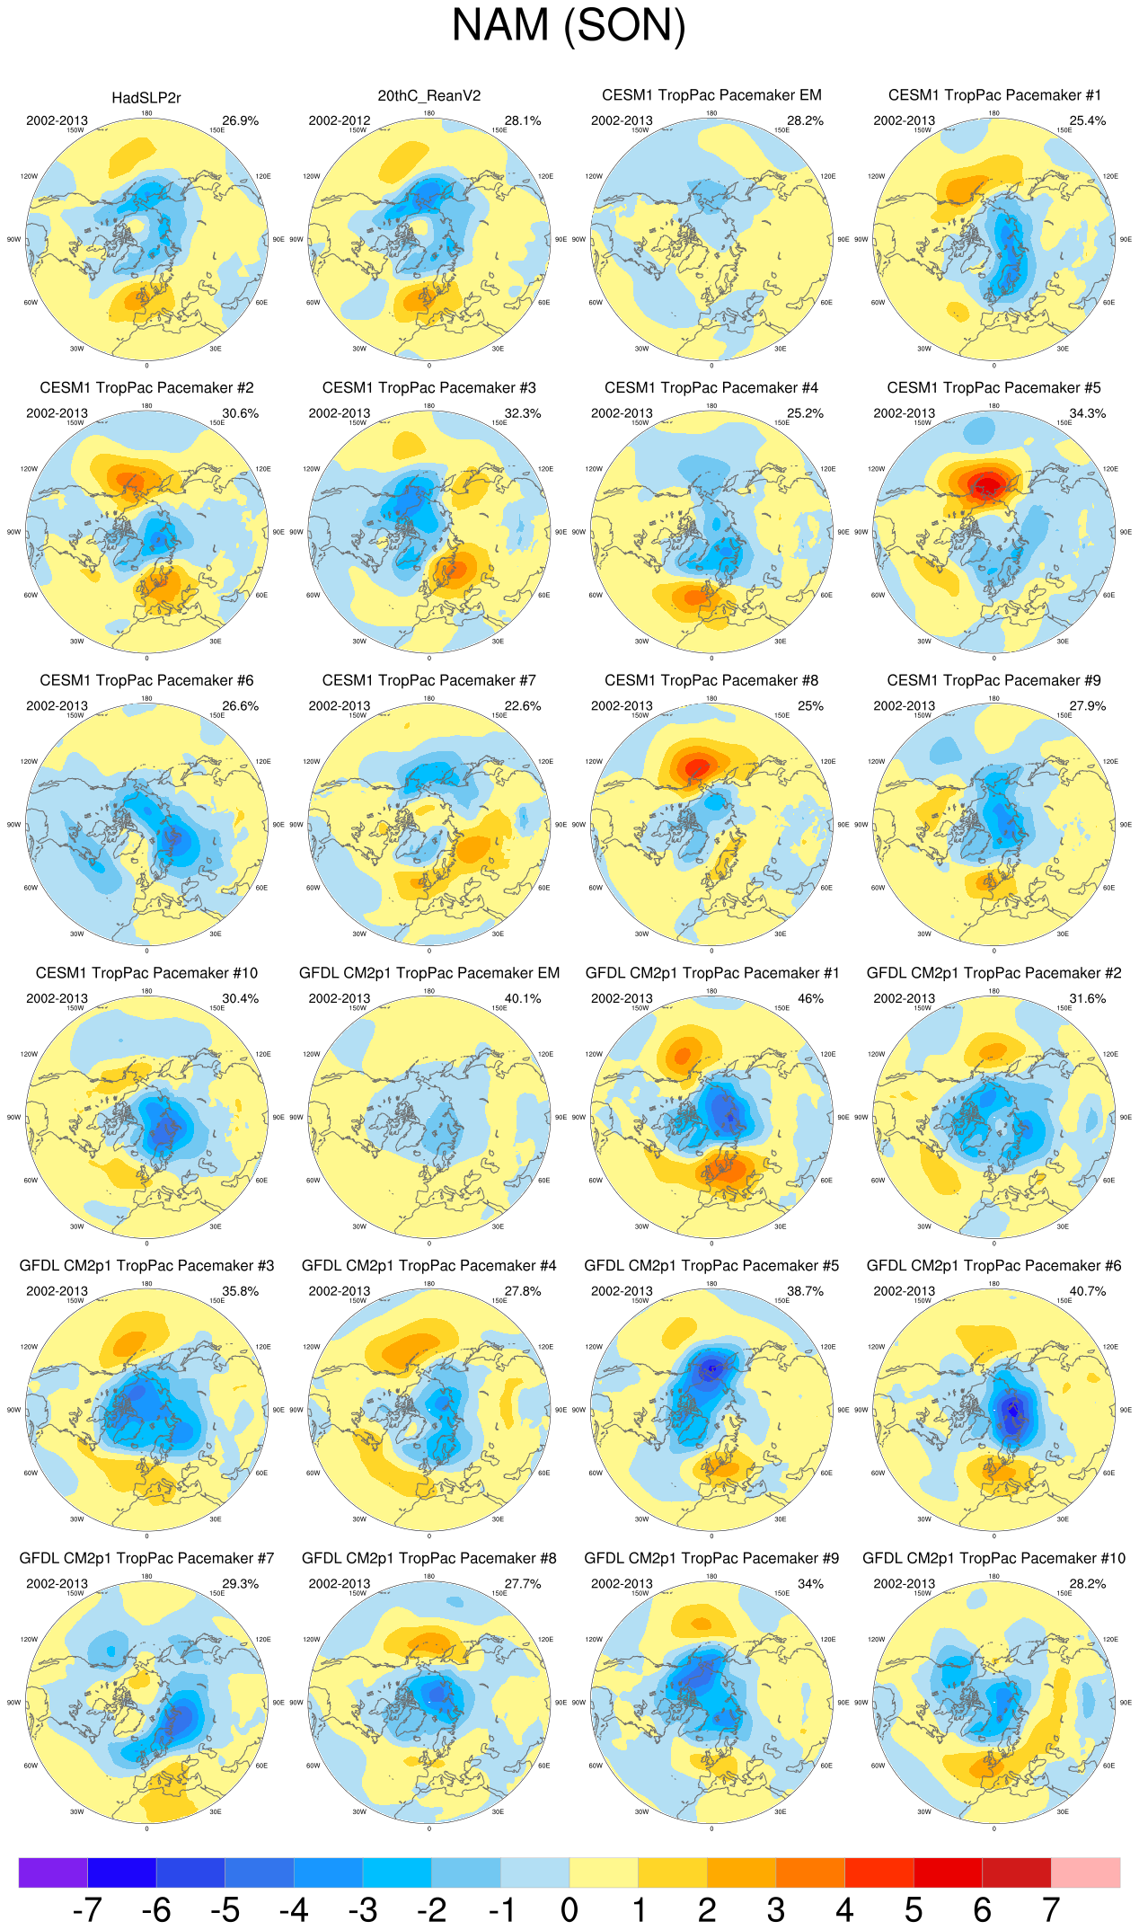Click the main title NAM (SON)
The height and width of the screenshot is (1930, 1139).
click(569, 26)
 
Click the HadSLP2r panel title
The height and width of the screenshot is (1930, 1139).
click(146, 98)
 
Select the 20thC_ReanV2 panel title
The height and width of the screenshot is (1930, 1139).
click(428, 96)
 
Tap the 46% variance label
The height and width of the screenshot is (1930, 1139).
click(810, 998)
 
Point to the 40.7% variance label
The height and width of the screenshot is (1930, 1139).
click(1087, 1291)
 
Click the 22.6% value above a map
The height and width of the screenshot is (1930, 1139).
click(522, 706)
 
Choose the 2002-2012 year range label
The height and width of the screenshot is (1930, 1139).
click(340, 120)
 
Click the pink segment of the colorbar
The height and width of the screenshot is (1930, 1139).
click(1085, 1872)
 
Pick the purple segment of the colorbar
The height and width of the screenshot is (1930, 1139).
click(53, 1872)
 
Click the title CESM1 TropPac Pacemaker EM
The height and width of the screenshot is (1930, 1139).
click(711, 95)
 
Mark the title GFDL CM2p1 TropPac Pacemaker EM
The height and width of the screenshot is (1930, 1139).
click(428, 973)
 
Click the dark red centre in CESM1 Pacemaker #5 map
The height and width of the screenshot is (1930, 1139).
click(987, 485)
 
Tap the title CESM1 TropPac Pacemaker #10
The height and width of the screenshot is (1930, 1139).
click(146, 973)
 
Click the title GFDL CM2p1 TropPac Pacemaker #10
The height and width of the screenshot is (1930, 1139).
click(993, 1558)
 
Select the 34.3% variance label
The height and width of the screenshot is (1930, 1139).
click(1087, 413)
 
